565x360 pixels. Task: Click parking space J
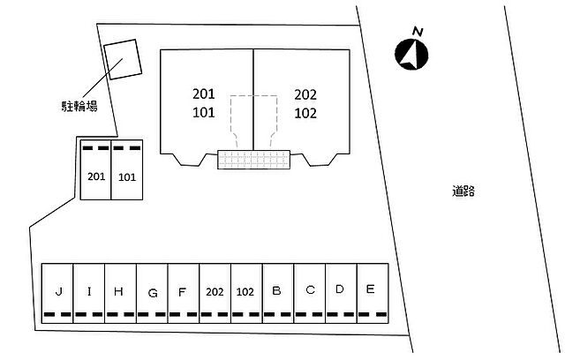[x=57, y=291]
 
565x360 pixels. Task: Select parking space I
[x=88, y=291]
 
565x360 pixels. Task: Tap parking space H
[x=119, y=291]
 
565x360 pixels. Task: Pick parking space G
[x=152, y=291]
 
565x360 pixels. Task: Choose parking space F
[x=183, y=291]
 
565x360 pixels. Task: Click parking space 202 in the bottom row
[x=215, y=291]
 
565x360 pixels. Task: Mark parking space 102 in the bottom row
[x=246, y=291]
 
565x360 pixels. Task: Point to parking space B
[x=277, y=291]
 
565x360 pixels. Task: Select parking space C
[x=309, y=291]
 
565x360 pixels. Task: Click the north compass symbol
[x=411, y=53]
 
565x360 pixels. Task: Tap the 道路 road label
[x=463, y=190]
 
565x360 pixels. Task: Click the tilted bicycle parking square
[x=122, y=59]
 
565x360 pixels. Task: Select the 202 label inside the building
[x=305, y=94]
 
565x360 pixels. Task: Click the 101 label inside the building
[x=204, y=112]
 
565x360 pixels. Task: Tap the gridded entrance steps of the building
[x=254, y=159]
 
